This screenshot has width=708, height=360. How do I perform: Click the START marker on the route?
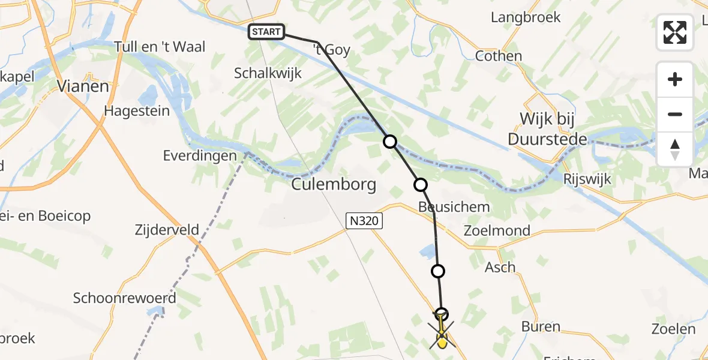(266, 32)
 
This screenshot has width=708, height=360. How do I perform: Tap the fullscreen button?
(675, 32)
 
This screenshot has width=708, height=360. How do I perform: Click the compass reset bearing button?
(675, 149)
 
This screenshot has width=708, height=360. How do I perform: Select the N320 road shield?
(364, 221)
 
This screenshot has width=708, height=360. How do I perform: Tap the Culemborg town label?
(334, 184)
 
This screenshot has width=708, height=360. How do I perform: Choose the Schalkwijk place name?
(268, 73)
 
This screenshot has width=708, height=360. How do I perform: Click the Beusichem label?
(445, 207)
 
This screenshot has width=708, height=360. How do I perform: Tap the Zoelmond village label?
(497, 230)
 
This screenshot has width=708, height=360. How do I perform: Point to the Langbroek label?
(526, 17)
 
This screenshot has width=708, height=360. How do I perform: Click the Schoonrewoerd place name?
(125, 298)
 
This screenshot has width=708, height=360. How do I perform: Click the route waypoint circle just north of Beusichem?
(420, 185)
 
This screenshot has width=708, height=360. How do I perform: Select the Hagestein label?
(137, 111)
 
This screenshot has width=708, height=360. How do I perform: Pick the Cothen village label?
(498, 56)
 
